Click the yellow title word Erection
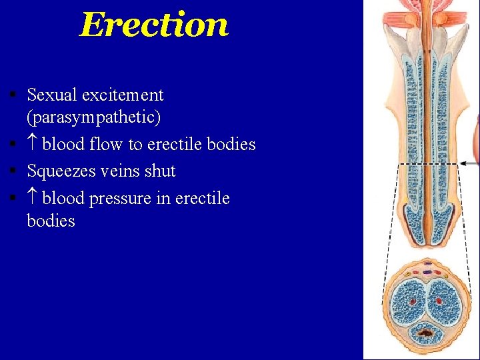[154, 25]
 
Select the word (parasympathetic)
[93, 118]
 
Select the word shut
[161, 171]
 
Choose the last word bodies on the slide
[51, 221]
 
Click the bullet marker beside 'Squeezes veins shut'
[13, 171]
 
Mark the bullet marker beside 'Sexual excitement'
[13, 95]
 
